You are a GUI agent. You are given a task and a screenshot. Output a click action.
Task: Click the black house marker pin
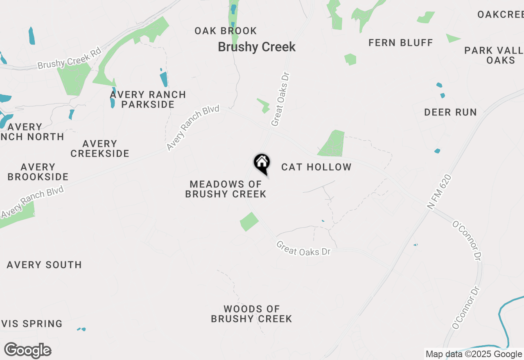(262, 163)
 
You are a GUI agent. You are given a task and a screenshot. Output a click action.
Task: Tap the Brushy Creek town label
(257, 47)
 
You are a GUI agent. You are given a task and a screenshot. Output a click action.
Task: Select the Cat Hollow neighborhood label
(316, 167)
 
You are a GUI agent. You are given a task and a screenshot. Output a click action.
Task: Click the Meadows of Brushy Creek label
(226, 189)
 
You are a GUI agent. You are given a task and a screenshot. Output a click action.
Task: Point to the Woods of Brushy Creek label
(251, 314)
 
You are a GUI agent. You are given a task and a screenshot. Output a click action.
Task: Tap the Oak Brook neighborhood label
(226, 31)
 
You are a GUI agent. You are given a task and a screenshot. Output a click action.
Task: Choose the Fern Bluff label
(400, 43)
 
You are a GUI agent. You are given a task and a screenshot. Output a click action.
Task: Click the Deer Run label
(450, 112)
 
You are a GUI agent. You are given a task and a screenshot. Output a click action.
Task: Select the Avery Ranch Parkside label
(148, 99)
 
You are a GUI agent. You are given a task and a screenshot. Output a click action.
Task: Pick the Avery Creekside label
(100, 148)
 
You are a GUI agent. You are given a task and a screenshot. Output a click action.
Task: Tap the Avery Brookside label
(38, 172)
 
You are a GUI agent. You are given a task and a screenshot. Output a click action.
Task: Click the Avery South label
(44, 265)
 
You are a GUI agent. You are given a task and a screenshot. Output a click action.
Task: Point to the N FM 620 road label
(440, 192)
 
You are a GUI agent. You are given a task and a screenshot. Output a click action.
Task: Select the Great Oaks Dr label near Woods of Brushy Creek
(303, 248)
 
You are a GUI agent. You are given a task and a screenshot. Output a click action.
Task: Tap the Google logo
(27, 351)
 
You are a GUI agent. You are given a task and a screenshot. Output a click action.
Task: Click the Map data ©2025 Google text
(474, 354)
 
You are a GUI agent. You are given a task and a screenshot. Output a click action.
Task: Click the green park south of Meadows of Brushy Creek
(249, 222)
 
